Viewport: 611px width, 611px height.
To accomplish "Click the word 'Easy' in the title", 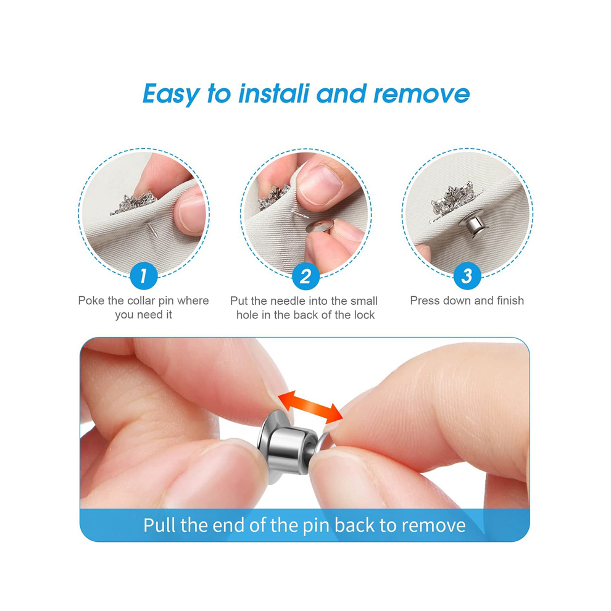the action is (x=172, y=94).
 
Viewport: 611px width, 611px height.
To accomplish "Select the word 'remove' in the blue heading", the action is (x=422, y=94).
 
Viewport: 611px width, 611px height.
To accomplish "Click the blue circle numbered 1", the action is (x=144, y=276).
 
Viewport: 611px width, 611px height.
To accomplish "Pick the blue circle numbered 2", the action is (x=305, y=276).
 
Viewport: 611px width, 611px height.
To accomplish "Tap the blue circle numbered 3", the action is (x=467, y=276).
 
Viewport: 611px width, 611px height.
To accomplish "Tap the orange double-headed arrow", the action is (x=310, y=408).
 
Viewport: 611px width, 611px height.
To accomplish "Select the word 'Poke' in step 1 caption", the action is (x=91, y=301).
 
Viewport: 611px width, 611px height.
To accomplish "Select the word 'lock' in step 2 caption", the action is (x=364, y=315).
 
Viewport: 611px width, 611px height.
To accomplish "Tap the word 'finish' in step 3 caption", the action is (x=510, y=301).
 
